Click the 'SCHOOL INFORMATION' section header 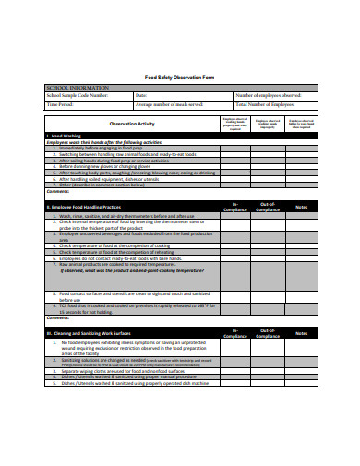78,87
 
